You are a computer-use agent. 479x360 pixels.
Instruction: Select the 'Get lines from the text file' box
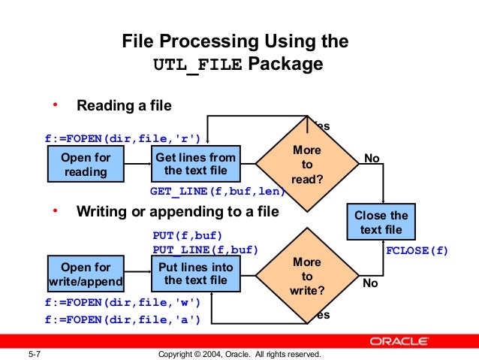tap(195, 165)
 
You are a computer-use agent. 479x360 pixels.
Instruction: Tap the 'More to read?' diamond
tap(306, 164)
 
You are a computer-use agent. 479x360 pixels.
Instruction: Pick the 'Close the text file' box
tap(381, 222)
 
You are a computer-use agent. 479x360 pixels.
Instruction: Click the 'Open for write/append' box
tap(86, 274)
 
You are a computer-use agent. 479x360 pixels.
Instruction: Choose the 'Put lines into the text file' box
tap(195, 274)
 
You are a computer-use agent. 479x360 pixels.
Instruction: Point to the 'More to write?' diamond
tap(306, 274)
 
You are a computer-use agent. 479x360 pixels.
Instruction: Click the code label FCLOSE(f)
tap(416, 251)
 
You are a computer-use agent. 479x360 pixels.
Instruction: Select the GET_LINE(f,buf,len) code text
tap(217, 191)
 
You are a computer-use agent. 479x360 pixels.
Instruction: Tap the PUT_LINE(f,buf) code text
tap(205, 249)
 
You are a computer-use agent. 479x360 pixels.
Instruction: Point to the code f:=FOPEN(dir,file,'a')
tap(122, 319)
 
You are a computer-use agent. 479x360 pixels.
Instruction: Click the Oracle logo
tap(417, 340)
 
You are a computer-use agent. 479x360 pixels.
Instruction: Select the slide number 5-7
tap(33, 354)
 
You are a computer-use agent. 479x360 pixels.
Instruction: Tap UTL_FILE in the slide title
tap(198, 65)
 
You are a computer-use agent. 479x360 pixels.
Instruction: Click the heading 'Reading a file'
tap(124, 105)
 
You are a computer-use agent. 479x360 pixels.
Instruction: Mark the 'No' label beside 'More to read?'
tap(372, 158)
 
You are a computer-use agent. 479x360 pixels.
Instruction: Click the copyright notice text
tap(239, 354)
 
